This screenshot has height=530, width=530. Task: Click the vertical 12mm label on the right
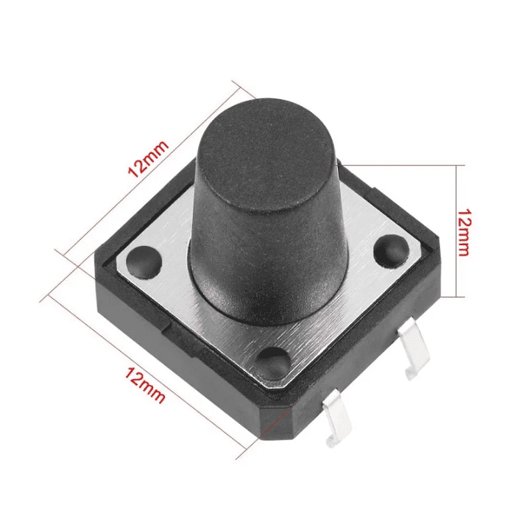click(x=463, y=231)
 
